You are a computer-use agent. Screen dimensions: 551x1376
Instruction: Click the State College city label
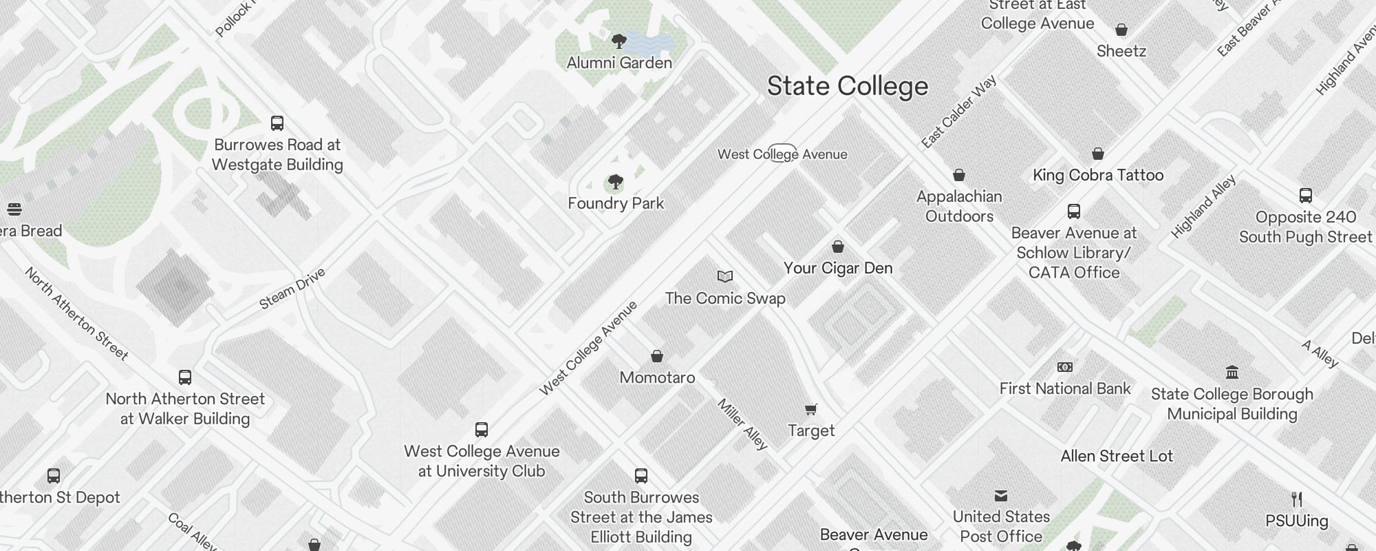point(848,87)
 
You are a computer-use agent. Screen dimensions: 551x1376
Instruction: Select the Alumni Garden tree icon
point(619,41)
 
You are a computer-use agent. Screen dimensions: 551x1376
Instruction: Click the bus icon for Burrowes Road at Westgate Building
point(277,123)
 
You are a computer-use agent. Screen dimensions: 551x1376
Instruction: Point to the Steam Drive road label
point(292,289)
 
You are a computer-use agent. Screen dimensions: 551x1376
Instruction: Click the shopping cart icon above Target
point(811,410)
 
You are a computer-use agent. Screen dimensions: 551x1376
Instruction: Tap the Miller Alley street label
point(742,424)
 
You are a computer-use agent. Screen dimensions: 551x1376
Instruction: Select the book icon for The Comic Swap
point(725,277)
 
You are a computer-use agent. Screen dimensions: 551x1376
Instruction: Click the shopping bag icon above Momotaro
point(657,356)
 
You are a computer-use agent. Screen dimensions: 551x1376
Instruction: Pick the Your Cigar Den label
point(838,269)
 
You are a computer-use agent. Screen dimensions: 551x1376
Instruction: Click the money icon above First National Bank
point(1064,367)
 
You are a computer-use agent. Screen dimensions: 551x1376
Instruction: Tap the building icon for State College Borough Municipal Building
point(1232,373)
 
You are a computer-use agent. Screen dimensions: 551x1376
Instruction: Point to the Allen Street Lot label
point(1117,456)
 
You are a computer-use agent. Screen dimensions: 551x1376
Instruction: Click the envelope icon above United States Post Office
point(1001,496)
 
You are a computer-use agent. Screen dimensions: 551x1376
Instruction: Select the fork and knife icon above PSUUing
point(1297,499)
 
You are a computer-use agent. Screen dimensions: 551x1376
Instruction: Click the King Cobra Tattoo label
point(1098,175)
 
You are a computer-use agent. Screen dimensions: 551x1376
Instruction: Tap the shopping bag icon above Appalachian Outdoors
point(959,175)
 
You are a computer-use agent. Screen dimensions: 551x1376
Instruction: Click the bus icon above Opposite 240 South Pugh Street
point(1306,196)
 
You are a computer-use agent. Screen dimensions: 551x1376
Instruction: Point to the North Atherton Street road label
point(76,314)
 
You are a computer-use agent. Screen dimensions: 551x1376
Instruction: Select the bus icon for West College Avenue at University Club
point(482,430)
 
